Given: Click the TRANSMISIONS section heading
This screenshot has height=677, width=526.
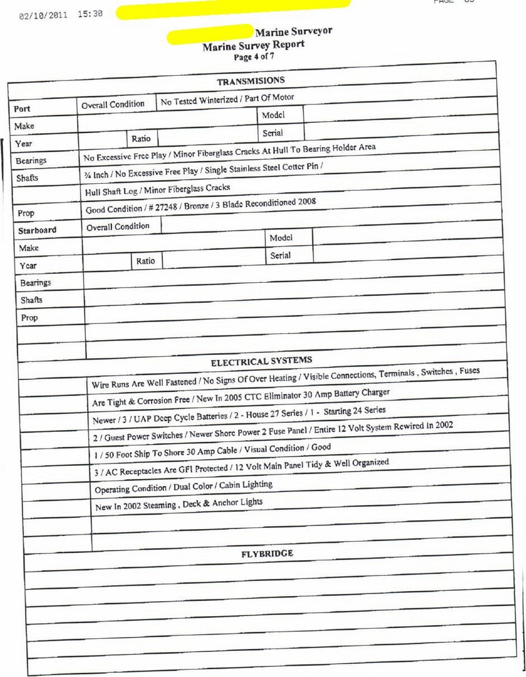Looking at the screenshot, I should point(250,81).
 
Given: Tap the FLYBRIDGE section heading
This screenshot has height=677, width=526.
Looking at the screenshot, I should point(267,554).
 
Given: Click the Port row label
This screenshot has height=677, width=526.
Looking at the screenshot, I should point(22,109).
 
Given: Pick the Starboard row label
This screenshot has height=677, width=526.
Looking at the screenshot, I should point(37,230).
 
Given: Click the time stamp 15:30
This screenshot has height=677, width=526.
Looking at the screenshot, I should point(90,13).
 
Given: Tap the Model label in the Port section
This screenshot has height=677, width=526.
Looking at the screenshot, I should point(273,115).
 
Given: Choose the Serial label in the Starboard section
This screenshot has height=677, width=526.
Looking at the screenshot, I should point(280,255).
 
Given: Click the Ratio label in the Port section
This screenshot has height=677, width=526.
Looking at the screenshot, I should point(141,139).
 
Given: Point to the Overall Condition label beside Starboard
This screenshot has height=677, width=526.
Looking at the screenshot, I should point(118,227).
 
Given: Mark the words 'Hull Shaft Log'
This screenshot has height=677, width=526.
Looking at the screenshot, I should point(110,191).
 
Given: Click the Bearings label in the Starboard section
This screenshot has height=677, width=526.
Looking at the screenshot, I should point(35,283).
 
